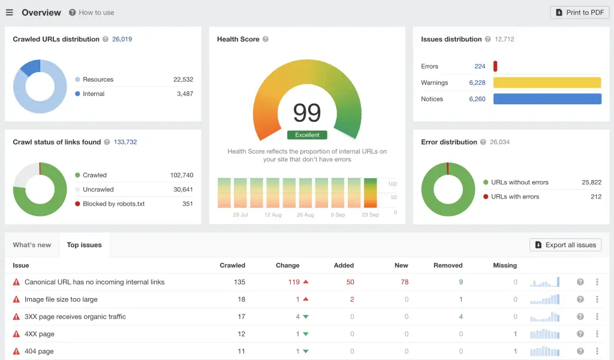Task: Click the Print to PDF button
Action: (580, 13)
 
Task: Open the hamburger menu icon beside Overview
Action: (10, 13)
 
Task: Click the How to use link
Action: (96, 13)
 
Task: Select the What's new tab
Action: (32, 245)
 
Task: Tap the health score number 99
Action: (307, 113)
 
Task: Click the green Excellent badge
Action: (307, 135)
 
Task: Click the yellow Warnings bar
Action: (547, 83)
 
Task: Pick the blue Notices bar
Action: (547, 99)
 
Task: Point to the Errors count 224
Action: (480, 67)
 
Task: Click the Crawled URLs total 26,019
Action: (122, 39)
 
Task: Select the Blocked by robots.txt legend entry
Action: (113, 204)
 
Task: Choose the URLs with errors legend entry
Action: (514, 197)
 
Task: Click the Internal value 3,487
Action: (183, 94)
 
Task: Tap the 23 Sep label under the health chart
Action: (370, 215)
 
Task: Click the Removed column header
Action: (448, 265)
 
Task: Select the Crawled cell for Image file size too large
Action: (241, 299)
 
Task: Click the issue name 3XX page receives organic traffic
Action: (75, 317)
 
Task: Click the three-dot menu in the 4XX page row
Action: (597, 334)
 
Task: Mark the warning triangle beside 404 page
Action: (16, 352)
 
